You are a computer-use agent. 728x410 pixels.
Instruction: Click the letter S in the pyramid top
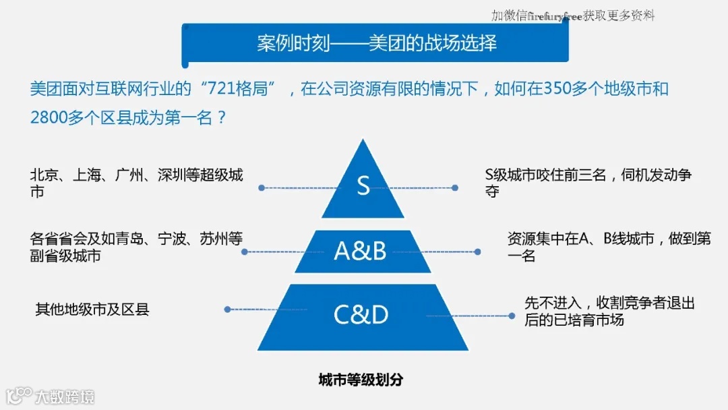click(363, 185)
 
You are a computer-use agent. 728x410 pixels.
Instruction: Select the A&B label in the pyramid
click(360, 251)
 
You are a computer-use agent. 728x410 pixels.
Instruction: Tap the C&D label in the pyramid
click(361, 315)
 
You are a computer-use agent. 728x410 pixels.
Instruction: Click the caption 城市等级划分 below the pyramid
click(361, 380)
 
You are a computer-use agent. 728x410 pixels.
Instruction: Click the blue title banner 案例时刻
click(375, 43)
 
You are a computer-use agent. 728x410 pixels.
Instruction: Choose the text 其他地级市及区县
click(92, 310)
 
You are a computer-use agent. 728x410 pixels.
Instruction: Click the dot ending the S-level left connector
click(260, 187)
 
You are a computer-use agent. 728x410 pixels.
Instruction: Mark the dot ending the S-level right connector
click(456, 187)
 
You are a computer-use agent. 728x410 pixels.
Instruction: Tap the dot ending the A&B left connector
click(245, 252)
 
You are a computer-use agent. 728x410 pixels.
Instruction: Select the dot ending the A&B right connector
click(477, 252)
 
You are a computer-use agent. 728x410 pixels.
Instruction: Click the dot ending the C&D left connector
click(227, 310)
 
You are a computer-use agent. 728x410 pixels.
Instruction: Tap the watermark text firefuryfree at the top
click(555, 16)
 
